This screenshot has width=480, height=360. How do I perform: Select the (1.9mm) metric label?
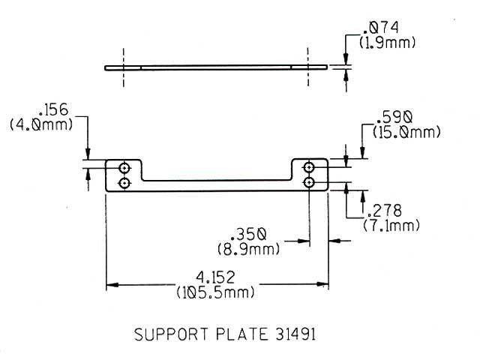click(387, 43)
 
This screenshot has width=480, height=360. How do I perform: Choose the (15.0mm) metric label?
click(397, 133)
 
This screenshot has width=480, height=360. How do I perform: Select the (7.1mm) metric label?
click(390, 226)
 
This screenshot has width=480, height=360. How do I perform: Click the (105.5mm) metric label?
click(215, 292)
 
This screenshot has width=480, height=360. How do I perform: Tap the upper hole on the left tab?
click(124, 166)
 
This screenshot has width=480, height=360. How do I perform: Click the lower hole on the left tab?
click(124, 182)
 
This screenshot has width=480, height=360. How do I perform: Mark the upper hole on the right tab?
click(309, 166)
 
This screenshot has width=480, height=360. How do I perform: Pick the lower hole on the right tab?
click(309, 182)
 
